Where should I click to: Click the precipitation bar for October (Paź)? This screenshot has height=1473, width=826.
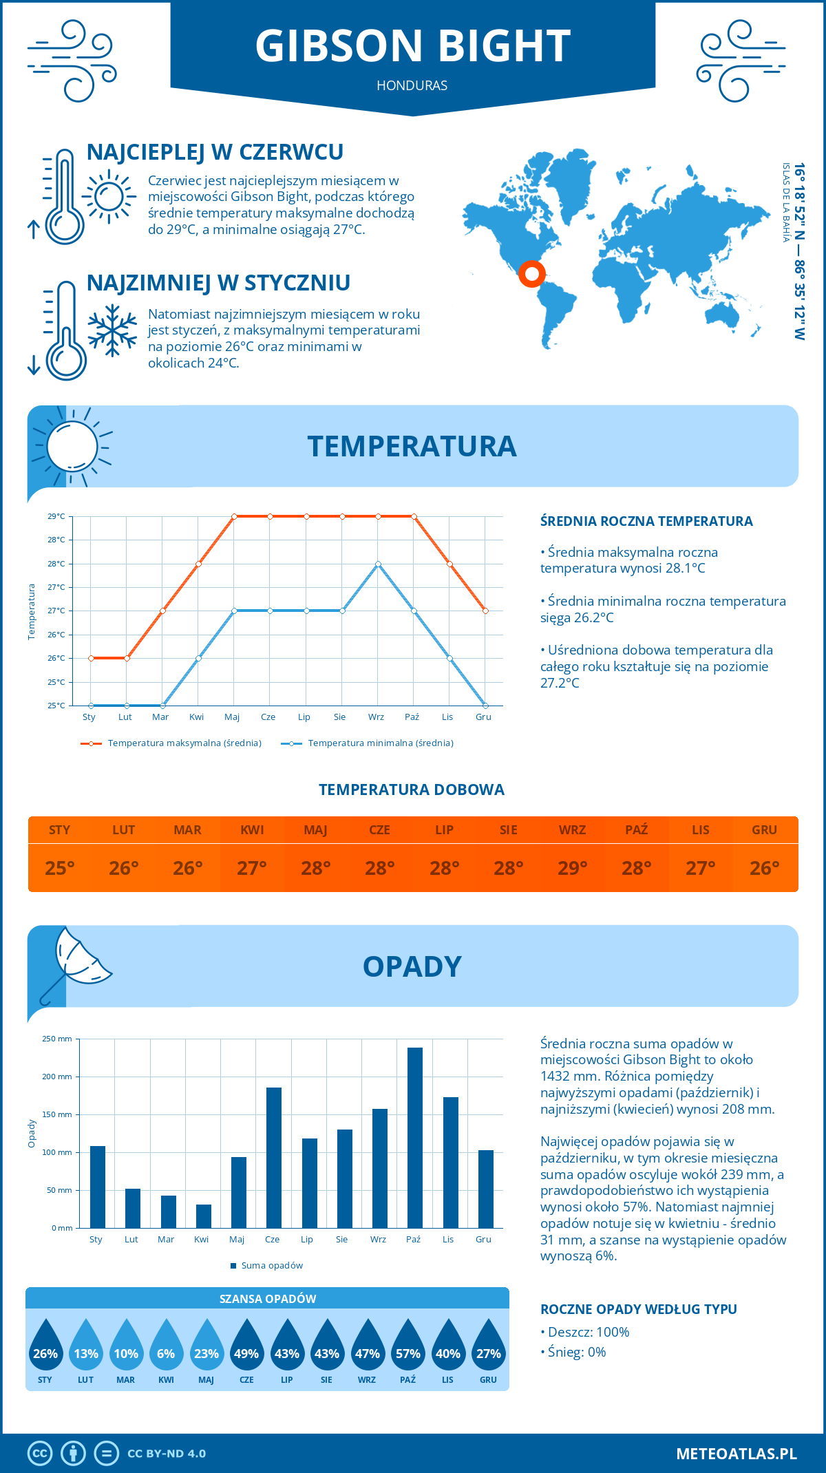[x=415, y=1138]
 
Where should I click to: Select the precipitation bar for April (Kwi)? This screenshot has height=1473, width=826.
[x=204, y=1216]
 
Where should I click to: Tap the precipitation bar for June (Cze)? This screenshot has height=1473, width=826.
[x=274, y=1158]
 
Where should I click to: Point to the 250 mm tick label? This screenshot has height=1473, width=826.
[x=57, y=1039]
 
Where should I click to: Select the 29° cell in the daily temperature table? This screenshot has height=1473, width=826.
[x=572, y=868]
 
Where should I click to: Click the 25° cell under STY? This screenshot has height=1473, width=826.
[x=59, y=868]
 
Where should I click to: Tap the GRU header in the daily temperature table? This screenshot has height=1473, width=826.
[x=764, y=830]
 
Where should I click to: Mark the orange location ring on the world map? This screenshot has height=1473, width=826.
[x=531, y=274]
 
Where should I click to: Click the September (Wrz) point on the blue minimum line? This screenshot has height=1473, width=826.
[x=378, y=564]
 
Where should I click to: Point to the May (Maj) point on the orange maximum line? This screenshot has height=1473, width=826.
[x=234, y=516]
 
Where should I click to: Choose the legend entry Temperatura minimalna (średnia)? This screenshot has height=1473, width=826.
[x=380, y=743]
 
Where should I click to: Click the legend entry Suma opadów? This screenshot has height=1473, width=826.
[x=272, y=1266]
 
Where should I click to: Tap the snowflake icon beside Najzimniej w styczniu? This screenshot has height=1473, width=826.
[x=112, y=330]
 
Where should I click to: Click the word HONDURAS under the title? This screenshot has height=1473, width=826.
[x=412, y=85]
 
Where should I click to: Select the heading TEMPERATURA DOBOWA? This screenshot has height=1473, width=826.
[x=412, y=790]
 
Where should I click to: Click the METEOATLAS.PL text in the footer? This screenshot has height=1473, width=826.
[x=736, y=1454]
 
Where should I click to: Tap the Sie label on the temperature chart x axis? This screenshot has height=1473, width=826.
[x=339, y=717]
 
